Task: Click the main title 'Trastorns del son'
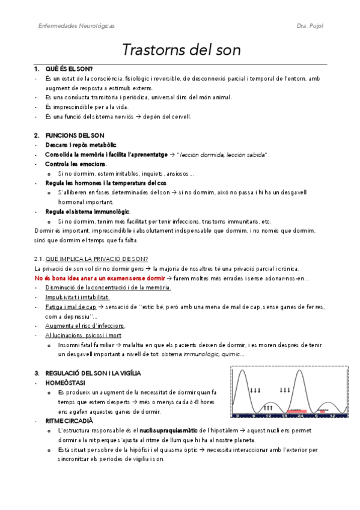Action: (x=182, y=50)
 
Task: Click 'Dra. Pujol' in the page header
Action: (x=310, y=26)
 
